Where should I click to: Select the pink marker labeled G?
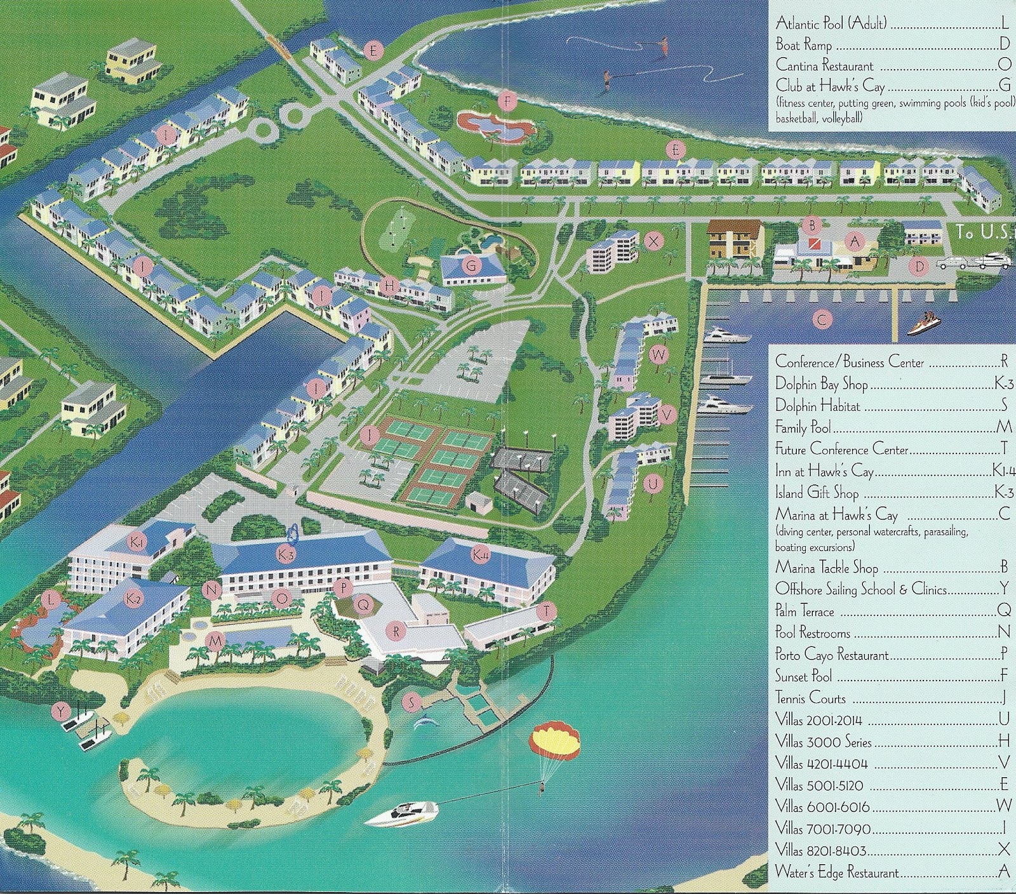point(471,266)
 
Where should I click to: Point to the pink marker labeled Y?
point(60,712)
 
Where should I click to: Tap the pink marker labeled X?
point(653,241)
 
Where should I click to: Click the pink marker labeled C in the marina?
point(822,320)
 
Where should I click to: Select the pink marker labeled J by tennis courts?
point(368,435)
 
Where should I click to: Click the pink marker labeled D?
point(919,267)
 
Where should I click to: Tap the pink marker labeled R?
point(396,631)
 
